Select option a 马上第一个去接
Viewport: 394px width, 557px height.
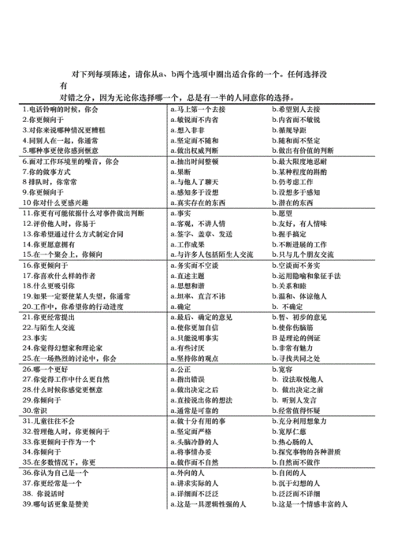(200, 109)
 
